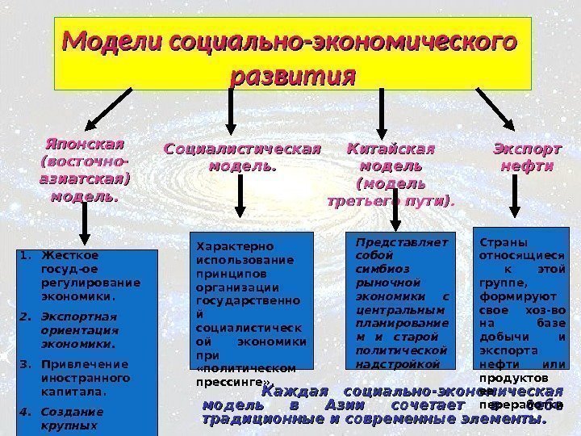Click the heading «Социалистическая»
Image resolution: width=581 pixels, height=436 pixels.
pos(241,149)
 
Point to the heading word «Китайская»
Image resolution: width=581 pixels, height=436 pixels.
pos(390,149)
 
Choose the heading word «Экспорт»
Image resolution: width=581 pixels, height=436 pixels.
pos(526,149)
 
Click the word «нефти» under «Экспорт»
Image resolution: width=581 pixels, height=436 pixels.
pos(526,166)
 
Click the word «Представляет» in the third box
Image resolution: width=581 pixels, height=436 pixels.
pos(401,241)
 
